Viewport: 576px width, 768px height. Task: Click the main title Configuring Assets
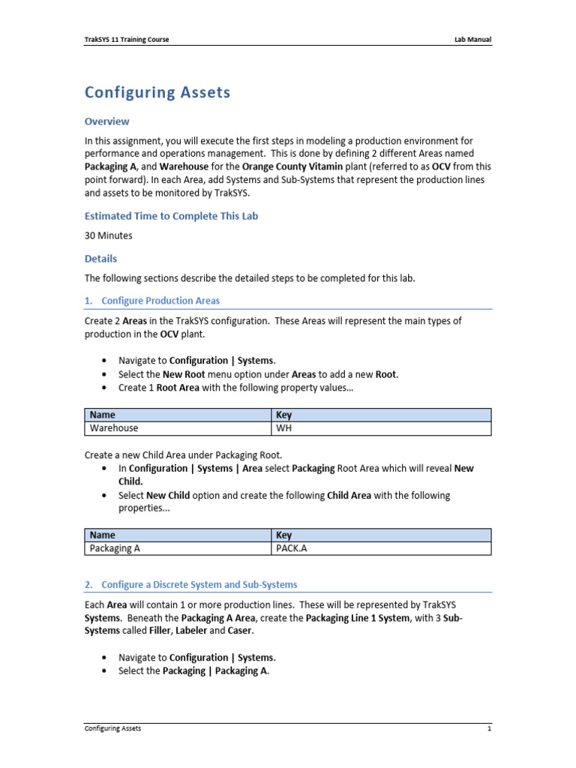[x=157, y=93]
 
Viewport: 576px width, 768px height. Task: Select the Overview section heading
[x=106, y=121]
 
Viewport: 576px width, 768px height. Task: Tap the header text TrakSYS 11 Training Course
[x=126, y=40]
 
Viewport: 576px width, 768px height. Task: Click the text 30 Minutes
[x=108, y=235]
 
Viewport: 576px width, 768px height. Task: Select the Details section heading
[x=100, y=259]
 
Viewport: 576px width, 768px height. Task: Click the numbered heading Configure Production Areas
[x=160, y=301]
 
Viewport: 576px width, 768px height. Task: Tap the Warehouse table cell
[x=114, y=428]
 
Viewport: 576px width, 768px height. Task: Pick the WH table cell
[x=284, y=428]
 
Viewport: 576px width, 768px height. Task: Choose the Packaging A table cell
[x=115, y=548]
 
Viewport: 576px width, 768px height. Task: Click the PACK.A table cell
[x=292, y=548]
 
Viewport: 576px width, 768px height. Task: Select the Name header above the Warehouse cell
[x=103, y=415]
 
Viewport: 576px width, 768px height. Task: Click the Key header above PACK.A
[x=284, y=535]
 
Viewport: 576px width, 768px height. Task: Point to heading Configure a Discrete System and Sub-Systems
[x=199, y=584]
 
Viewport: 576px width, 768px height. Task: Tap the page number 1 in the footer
[x=488, y=728]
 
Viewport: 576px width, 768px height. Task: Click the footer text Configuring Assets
[x=112, y=728]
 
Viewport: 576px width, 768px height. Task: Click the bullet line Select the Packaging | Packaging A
[x=193, y=670]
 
